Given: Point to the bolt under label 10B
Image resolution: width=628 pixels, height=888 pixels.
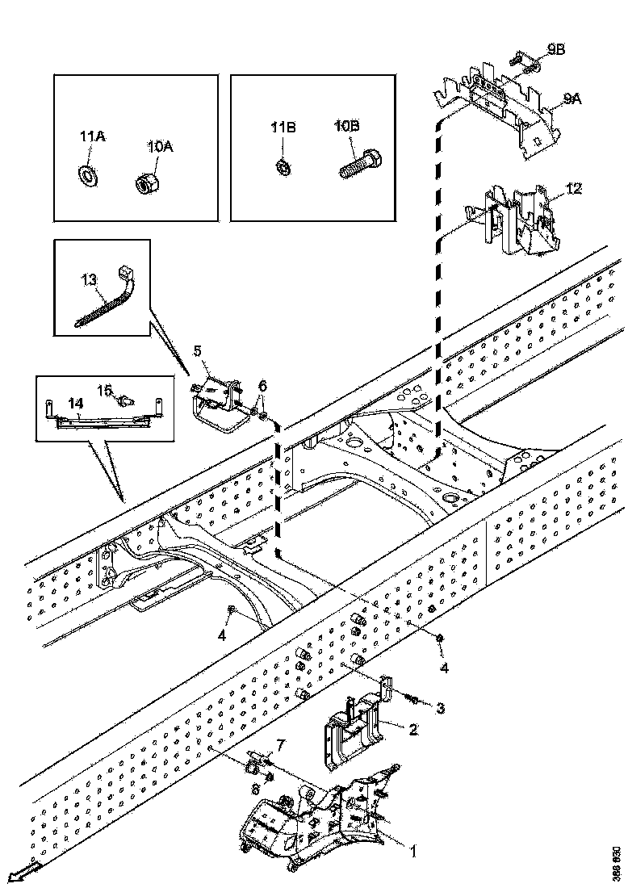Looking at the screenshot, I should (358, 168).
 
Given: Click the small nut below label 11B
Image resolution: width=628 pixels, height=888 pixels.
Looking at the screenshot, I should (283, 167).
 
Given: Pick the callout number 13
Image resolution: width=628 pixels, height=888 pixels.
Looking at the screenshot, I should (89, 279).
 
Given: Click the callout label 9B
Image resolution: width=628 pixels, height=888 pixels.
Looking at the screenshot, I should (555, 50).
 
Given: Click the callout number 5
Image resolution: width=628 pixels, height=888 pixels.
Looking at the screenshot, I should (197, 351).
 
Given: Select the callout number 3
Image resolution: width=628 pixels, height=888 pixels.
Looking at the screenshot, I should (441, 709).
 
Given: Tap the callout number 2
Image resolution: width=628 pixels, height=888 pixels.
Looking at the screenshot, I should (412, 730).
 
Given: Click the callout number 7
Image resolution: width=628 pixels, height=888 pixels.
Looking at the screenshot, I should (280, 743).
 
